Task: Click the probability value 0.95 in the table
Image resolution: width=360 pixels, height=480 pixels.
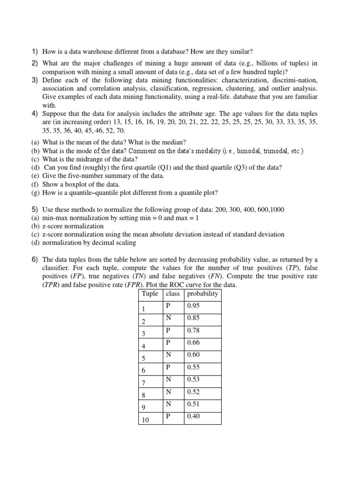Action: (193, 306)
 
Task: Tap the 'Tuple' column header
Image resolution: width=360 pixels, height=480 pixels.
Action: (150, 294)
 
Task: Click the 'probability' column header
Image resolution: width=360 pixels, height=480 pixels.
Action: (202, 294)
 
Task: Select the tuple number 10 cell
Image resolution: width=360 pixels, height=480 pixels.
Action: (145, 420)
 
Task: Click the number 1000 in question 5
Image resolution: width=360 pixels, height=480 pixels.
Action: (275, 210)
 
